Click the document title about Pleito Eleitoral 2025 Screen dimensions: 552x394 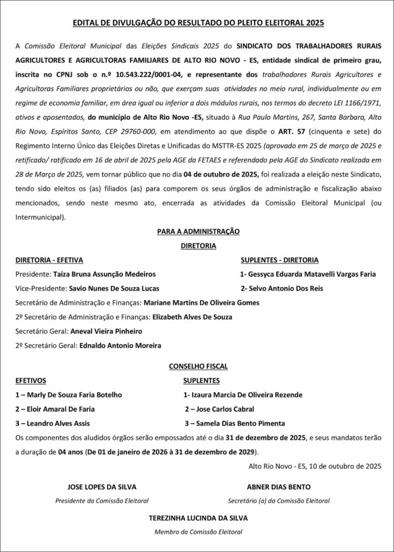coord(198,24)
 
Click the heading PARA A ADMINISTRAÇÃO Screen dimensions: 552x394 coord(198,231)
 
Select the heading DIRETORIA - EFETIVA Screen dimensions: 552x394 coord(50,260)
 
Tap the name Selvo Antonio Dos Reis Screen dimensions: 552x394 coord(285,288)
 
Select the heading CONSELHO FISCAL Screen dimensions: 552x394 coord(198,366)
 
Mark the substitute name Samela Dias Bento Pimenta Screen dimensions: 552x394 coord(238,423)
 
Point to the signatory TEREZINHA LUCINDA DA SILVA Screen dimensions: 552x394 coord(199,517)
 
